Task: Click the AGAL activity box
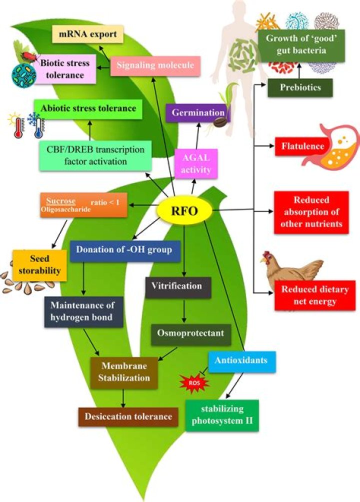(x=193, y=164)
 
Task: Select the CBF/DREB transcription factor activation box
(x=95, y=155)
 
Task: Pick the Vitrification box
(x=178, y=286)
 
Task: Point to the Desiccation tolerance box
(x=128, y=416)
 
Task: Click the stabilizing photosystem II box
(x=222, y=414)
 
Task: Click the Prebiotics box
(x=293, y=87)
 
